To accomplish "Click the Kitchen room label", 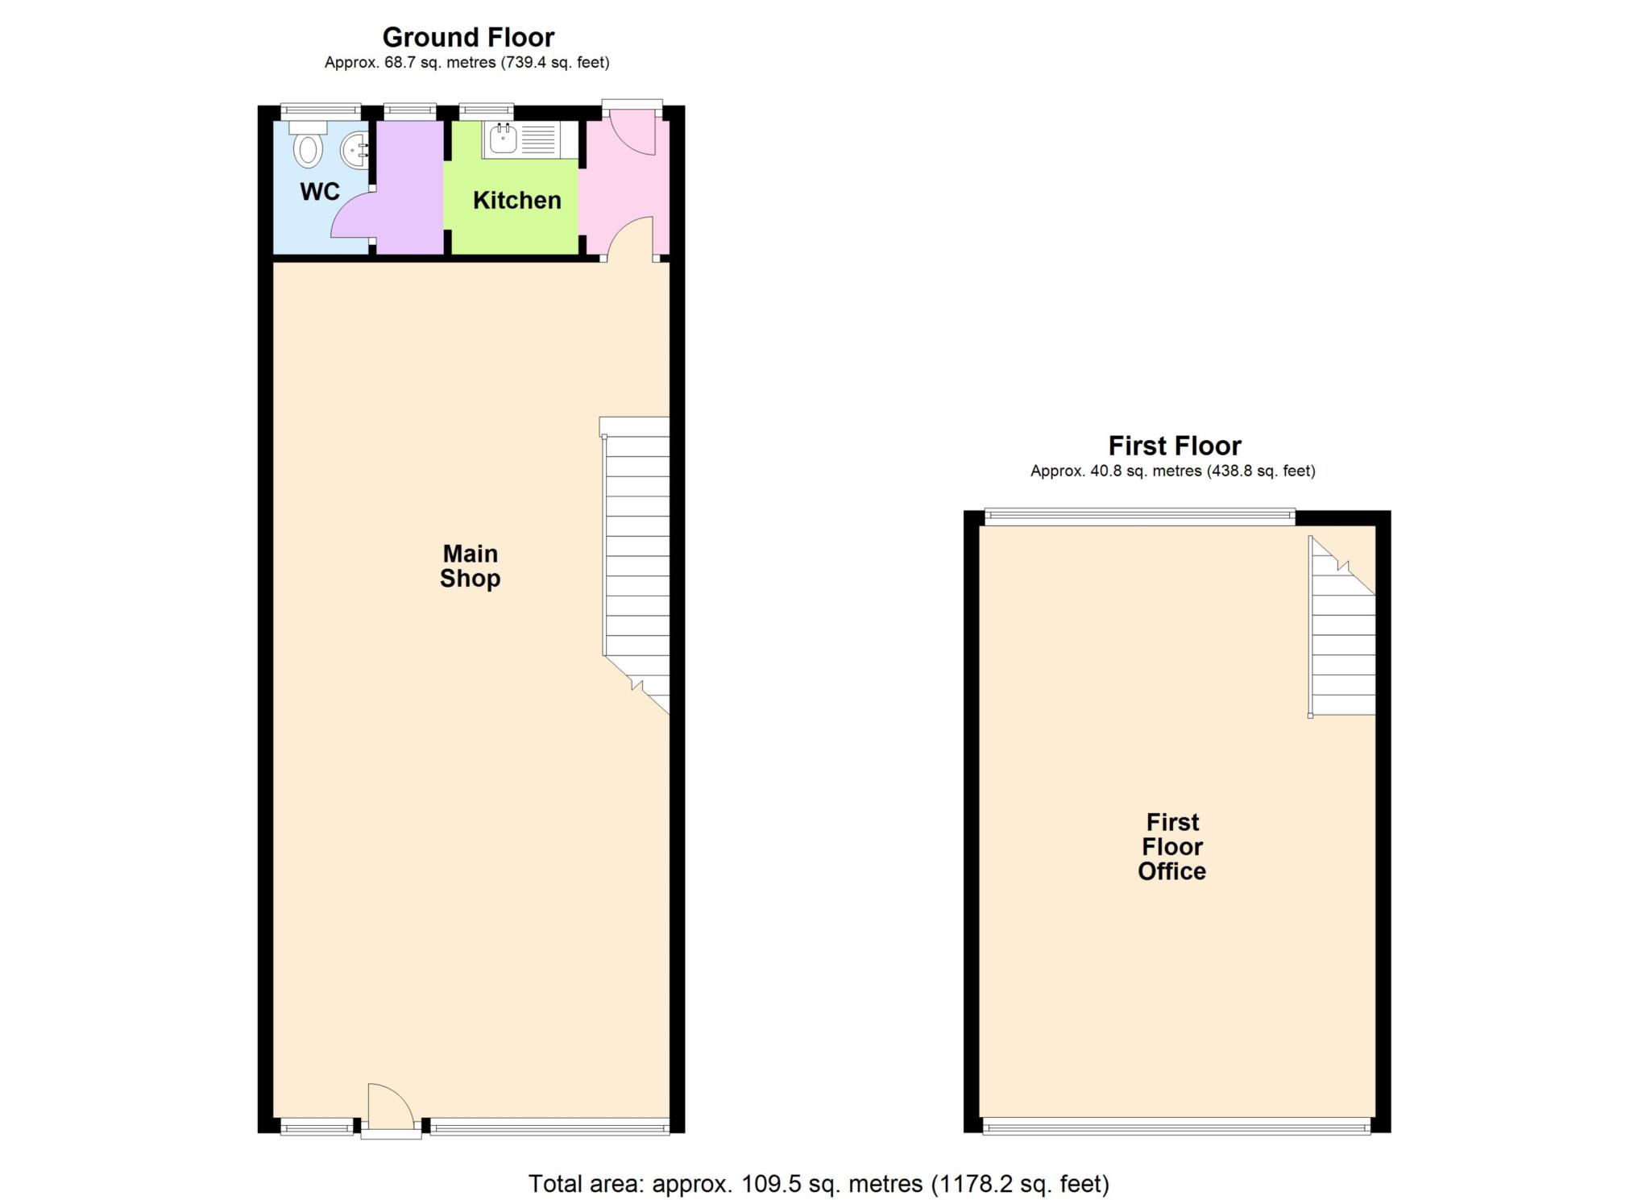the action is [x=516, y=200].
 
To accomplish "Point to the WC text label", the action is [x=320, y=192].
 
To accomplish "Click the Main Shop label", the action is [x=470, y=566].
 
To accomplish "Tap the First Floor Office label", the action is [x=1172, y=846].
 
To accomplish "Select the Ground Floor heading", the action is [x=468, y=37].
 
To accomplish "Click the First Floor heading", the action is [x=1175, y=446].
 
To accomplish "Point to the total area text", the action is [x=819, y=1183].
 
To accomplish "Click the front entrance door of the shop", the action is [x=391, y=1111].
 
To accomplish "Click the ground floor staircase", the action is [x=636, y=564].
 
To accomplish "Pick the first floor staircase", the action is [x=1341, y=626].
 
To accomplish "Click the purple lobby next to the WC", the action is [x=409, y=187].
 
